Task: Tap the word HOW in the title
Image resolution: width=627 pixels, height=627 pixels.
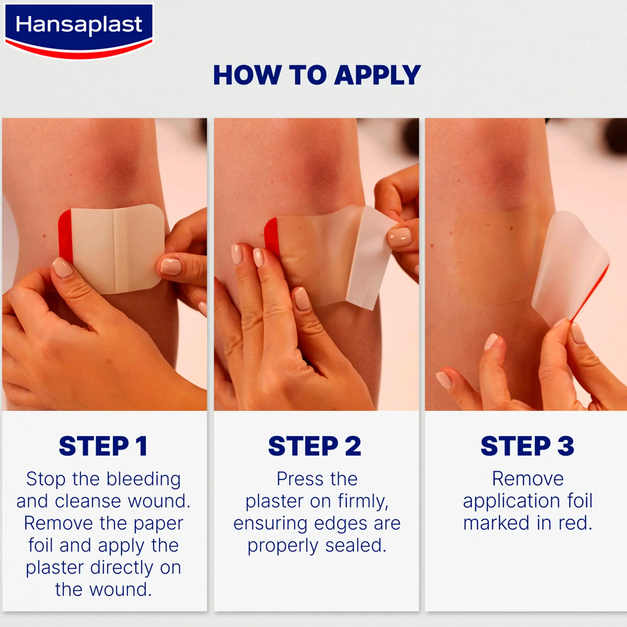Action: (x=247, y=75)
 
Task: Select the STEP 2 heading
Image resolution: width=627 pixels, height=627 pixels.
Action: (x=315, y=446)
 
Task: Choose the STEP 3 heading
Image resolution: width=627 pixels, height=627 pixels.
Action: (x=527, y=446)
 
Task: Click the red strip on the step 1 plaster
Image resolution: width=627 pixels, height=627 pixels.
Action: (x=65, y=237)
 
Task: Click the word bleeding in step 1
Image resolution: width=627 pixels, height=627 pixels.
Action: (x=144, y=480)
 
